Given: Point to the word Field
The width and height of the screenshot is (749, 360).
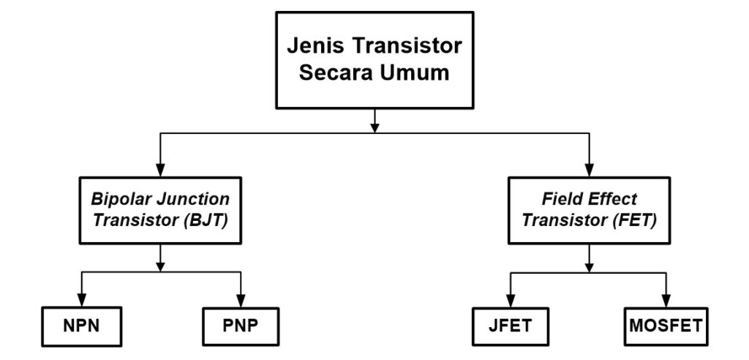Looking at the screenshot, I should [562, 199].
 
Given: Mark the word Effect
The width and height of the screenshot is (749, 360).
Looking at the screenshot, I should [614, 199].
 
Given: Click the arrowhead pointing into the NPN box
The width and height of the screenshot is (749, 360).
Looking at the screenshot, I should [80, 304].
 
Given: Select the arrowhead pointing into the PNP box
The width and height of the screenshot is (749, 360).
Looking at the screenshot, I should [240, 304].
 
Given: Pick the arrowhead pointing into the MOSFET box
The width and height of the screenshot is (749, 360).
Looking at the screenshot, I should [666, 304].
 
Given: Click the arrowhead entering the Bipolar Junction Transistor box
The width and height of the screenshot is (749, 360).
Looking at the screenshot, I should [160, 169].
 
